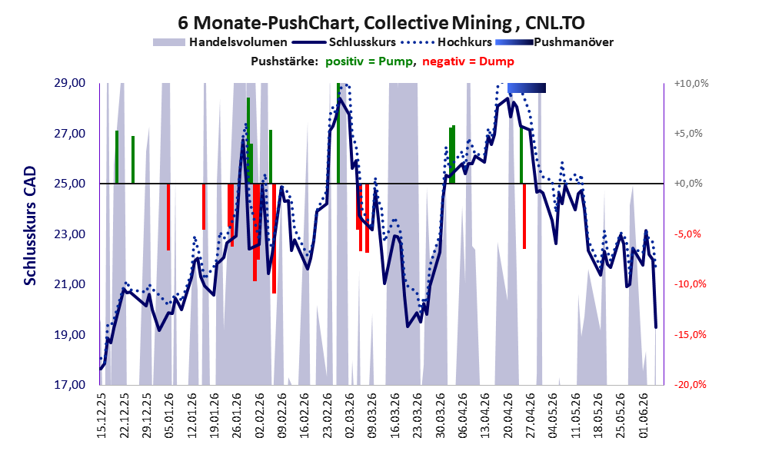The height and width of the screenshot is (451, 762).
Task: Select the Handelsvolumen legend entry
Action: [220, 42]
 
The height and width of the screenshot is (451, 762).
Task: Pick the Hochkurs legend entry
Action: [447, 42]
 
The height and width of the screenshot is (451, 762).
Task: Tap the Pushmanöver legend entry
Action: [554, 42]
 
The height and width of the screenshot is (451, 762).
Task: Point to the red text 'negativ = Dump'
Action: [468, 61]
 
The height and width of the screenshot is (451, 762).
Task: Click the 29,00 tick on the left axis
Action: [69, 83]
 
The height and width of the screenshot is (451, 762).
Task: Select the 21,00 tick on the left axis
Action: [69, 284]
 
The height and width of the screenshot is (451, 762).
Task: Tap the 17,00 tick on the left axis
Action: [69, 385]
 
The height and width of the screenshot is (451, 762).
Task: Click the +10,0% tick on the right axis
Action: [691, 84]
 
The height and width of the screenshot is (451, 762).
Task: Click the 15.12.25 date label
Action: [101, 413]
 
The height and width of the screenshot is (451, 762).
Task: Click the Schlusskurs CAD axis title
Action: [30, 226]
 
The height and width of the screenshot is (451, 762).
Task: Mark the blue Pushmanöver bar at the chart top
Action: [527, 88]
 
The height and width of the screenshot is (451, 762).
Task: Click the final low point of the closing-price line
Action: [656, 327]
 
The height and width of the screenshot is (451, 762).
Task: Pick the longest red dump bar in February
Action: [274, 238]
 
